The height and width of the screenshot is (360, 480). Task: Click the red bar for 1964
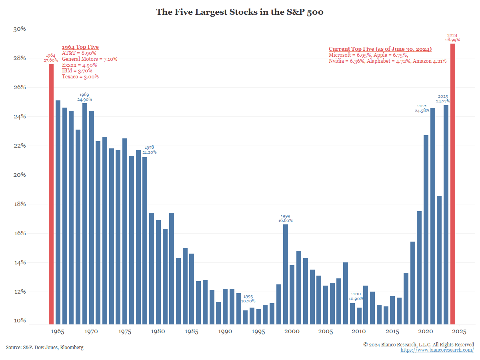click(51, 194)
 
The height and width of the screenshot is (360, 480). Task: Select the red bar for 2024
click(452, 184)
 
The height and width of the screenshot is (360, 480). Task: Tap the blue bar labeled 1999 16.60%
click(286, 274)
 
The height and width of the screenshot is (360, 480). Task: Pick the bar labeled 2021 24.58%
click(432, 216)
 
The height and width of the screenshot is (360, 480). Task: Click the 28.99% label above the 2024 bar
click(452, 40)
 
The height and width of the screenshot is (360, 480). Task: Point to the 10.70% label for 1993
click(248, 301)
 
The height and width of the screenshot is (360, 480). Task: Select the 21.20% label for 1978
click(150, 152)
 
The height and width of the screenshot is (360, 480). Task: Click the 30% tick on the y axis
click(20, 29)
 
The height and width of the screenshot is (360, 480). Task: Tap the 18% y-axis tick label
click(20, 204)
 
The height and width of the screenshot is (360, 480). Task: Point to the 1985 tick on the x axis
click(192, 332)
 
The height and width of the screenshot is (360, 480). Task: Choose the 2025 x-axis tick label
click(459, 332)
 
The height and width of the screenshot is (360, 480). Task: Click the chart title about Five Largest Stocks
click(240, 12)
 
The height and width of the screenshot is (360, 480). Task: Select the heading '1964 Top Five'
click(80, 47)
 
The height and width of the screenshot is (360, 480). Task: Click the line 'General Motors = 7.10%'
click(90, 59)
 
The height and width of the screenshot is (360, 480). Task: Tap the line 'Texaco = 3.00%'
click(80, 76)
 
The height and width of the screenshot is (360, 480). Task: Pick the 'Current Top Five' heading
click(380, 49)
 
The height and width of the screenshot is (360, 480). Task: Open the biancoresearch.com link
click(437, 350)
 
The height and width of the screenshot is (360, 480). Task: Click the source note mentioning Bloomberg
click(45, 348)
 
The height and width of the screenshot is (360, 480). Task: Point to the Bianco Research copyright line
click(418, 344)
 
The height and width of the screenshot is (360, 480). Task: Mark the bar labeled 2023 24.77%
click(446, 214)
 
